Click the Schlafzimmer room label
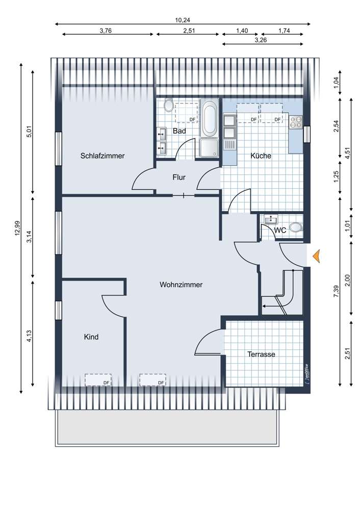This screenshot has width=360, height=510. (x=102, y=156)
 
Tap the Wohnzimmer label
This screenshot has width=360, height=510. (x=181, y=285)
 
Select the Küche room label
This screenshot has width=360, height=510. (x=261, y=156)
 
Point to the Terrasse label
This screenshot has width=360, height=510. (x=261, y=354)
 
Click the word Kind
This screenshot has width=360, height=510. (x=91, y=337)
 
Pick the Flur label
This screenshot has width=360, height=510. (x=179, y=177)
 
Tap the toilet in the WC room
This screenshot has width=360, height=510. (x=296, y=227)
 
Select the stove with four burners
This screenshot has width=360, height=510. (x=296, y=122)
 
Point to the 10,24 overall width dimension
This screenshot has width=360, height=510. (x=183, y=20)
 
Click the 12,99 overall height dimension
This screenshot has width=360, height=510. (x=17, y=228)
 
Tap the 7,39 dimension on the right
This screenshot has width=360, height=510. (x=336, y=291)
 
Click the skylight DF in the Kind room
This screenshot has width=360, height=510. (x=98, y=380)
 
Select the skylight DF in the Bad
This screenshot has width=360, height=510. (x=186, y=113)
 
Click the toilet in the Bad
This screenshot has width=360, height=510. (x=168, y=106)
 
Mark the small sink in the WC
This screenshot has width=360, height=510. (x=271, y=220)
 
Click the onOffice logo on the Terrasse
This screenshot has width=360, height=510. (x=306, y=374)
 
